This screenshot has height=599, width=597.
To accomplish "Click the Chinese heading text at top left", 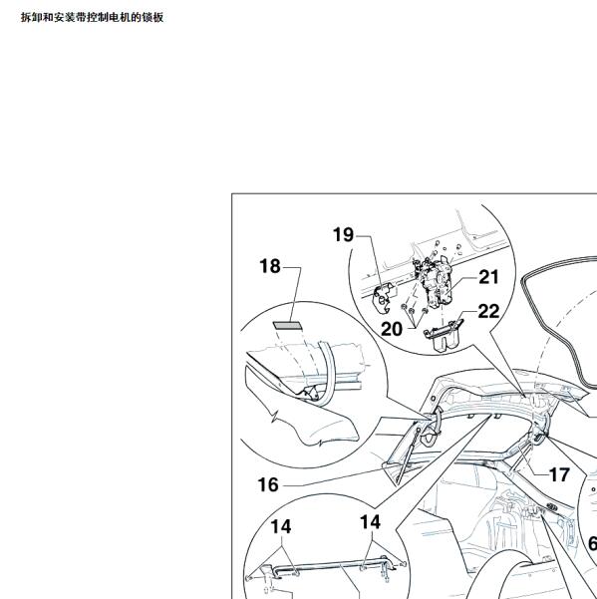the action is point(92,17).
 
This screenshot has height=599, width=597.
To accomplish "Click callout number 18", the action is point(270,266).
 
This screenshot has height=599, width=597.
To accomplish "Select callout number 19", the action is point(343,234).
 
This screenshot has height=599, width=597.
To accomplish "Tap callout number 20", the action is point(392,329).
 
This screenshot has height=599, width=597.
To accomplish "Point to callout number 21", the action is point(488,277).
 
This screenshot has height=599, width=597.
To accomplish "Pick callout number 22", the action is point(488,311).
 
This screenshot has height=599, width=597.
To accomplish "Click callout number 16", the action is point(268,484).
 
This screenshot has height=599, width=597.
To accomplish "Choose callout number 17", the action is point(559,475).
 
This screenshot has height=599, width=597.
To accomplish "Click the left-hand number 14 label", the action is point(281,527).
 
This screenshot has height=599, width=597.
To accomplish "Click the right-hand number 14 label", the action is point(370,522).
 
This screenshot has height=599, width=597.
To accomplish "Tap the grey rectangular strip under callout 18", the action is point(287,326).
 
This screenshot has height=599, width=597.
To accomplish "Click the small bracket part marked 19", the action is point(383,297).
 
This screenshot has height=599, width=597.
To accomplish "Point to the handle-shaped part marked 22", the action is point(444,335).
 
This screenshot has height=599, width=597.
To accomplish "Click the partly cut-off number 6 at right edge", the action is point(592,543).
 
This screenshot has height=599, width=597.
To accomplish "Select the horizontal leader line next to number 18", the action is point(292,267).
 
